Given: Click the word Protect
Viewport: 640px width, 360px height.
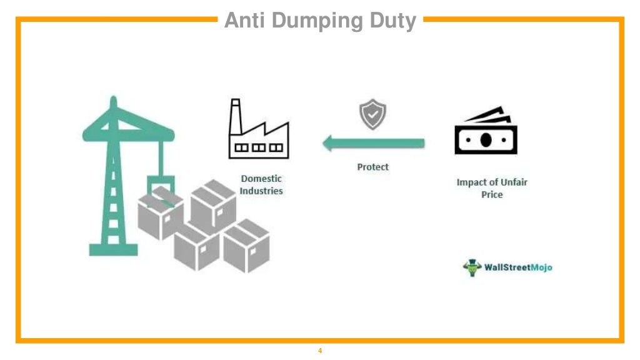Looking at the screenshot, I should click(x=372, y=167).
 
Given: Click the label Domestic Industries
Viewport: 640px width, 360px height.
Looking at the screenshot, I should click(x=261, y=185).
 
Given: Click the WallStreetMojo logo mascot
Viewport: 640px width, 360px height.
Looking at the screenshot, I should click(x=472, y=267).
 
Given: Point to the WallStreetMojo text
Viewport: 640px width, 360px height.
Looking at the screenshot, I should click(x=518, y=267).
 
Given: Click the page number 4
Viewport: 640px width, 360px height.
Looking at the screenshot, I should click(x=320, y=351).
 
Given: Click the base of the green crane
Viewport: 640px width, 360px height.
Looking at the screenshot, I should click(x=113, y=249).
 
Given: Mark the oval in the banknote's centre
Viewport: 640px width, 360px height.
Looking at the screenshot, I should click(x=486, y=139).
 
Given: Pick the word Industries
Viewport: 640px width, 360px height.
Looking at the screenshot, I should click(x=261, y=191).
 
